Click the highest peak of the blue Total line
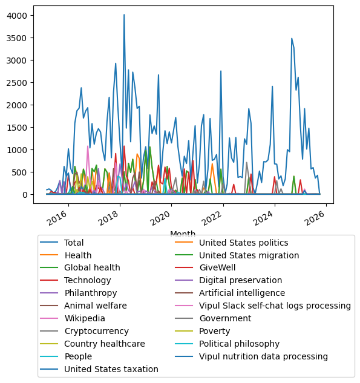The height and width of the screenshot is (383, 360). click(x=124, y=15)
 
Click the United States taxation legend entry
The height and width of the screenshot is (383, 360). click(x=111, y=369)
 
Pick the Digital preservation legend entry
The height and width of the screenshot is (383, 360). click(x=240, y=281)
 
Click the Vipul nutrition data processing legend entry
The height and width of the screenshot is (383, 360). click(x=263, y=356)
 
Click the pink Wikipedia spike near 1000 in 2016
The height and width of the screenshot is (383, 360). click(x=88, y=146)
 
